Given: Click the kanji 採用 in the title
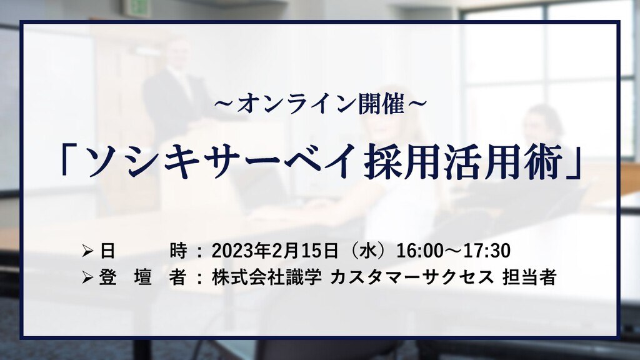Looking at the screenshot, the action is coord(410,162).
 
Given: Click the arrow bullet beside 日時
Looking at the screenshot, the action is coord(87,251).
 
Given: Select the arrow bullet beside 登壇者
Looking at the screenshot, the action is coord(87,278).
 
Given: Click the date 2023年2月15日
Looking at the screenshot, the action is coord(275,251).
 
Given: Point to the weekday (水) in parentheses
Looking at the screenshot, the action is coord(369,251).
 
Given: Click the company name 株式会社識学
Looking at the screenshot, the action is coord(266,277).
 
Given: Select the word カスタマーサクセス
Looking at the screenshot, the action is coord(411,277).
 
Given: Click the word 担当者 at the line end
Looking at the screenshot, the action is coord(529,277).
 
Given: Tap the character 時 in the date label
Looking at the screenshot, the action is coord(179,251).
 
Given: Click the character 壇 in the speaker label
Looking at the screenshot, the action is coord(143,277).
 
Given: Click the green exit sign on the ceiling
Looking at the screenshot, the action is coord(137,7).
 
